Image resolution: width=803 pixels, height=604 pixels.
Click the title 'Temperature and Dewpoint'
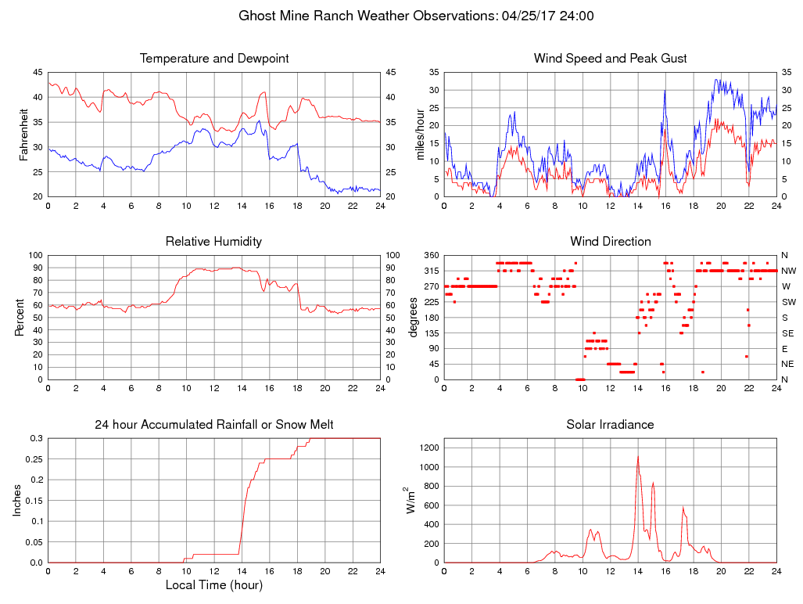pos(214,59)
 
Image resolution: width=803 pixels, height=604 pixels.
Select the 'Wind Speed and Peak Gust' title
pos(610,59)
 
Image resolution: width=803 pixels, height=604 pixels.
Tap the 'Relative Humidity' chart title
pos(214,242)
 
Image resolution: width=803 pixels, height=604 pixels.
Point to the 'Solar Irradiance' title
pos(610,425)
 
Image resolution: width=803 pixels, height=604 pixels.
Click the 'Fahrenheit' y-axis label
pos(23,135)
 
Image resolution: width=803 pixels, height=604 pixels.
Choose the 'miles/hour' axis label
pos(420,135)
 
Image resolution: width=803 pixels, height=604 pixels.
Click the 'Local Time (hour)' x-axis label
pos(214,584)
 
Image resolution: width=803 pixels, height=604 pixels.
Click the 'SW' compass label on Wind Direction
pos(788,302)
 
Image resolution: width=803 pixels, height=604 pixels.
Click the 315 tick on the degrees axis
pos(429,271)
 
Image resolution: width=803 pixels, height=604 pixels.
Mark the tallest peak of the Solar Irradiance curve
pos(638,457)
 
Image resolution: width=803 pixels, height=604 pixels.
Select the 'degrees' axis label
pos(414,317)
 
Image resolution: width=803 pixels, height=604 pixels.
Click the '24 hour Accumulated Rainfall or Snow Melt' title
pos(214,425)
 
